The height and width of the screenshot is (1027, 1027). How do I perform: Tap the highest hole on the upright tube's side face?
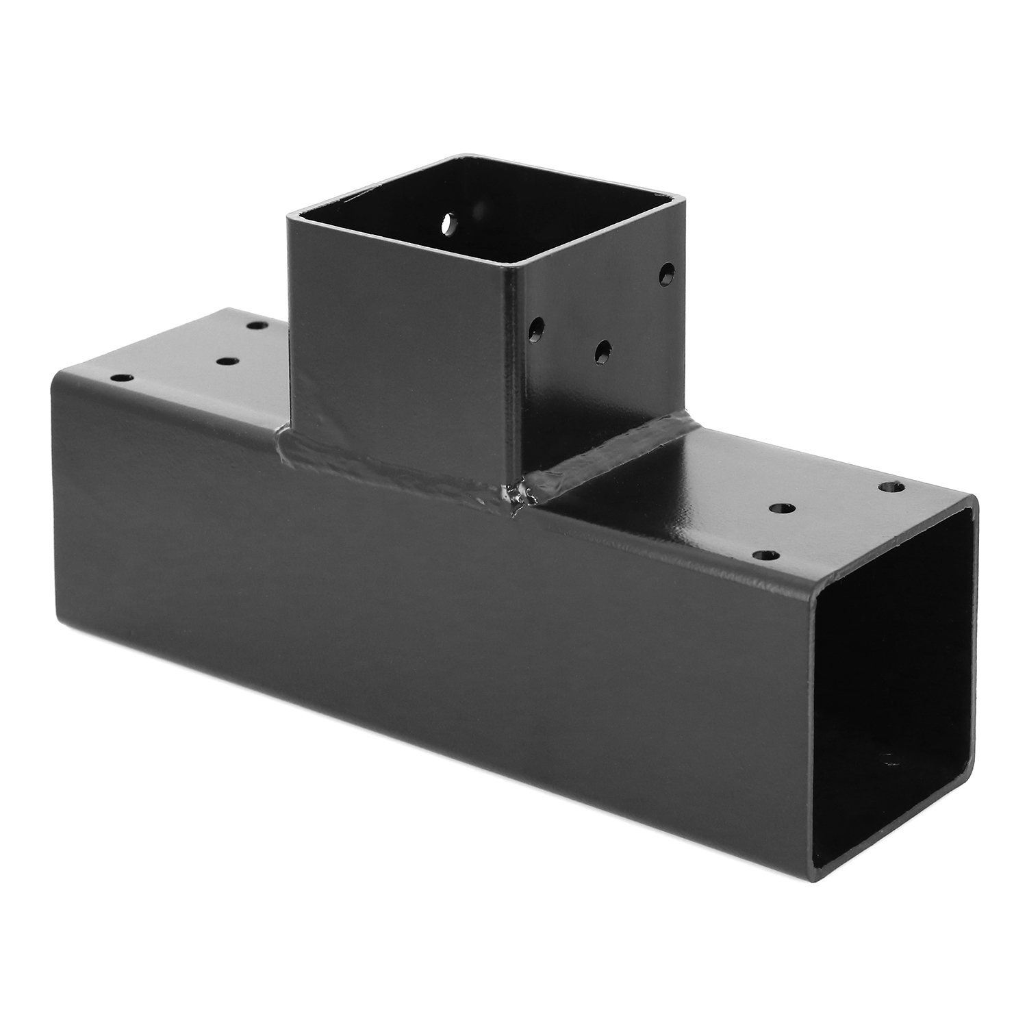pyautogui.click(x=664, y=275)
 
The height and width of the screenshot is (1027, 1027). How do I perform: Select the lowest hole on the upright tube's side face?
pyautogui.click(x=603, y=351)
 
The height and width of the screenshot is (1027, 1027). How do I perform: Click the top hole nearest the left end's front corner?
pyautogui.click(x=121, y=377)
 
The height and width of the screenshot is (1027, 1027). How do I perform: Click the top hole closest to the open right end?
pyautogui.click(x=891, y=487)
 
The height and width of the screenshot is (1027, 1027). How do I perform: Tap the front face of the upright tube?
pyautogui.click(x=404, y=342)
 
